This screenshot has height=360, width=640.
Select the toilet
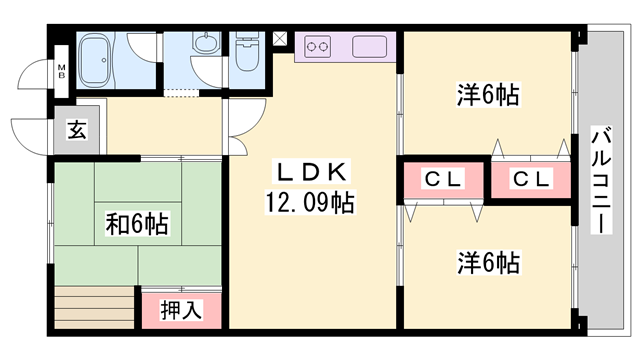coord(246,56)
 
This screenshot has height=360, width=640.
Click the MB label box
coord(61,70)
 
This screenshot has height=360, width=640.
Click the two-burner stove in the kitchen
coord(319,46)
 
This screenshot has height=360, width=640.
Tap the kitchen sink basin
coord(370,47)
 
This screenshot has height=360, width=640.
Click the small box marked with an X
coord(279,40)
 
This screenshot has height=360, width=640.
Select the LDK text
coord(308,171)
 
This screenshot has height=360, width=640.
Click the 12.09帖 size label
coord(308,202)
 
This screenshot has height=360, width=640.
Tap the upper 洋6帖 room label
coord(487,96)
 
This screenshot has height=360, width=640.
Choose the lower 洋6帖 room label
coord(487,264)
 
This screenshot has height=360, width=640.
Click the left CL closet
coord(441,180)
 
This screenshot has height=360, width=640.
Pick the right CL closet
coord(529,180)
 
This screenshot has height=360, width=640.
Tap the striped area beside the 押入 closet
coord(95,308)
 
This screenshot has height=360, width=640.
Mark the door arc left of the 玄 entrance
coord(30,136)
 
